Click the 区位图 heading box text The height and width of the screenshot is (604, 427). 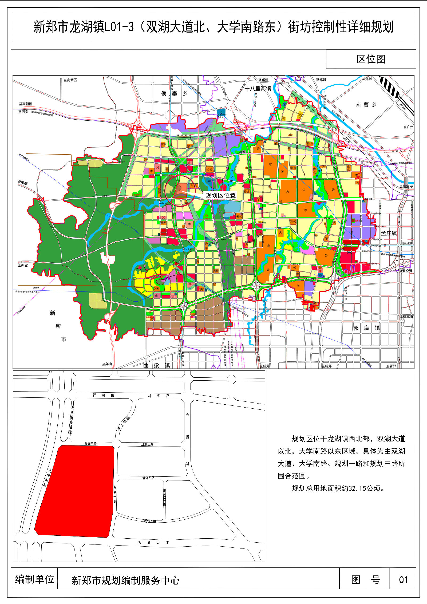(371, 59)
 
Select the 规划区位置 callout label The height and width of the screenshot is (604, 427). (220, 195)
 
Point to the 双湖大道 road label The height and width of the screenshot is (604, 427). (153, 543)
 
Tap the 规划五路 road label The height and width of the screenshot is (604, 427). (150, 521)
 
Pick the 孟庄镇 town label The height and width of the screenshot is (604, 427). (389, 233)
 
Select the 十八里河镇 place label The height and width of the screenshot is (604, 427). (258, 89)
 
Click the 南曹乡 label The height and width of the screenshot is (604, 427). (366, 105)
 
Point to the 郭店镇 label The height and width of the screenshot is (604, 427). (366, 328)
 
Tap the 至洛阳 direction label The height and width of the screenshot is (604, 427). (23, 183)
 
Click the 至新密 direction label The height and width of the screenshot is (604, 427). (23, 265)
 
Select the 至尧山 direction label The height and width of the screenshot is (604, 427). (107, 364)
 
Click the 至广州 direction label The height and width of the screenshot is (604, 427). (408, 127)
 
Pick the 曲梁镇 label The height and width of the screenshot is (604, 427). (156, 365)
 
